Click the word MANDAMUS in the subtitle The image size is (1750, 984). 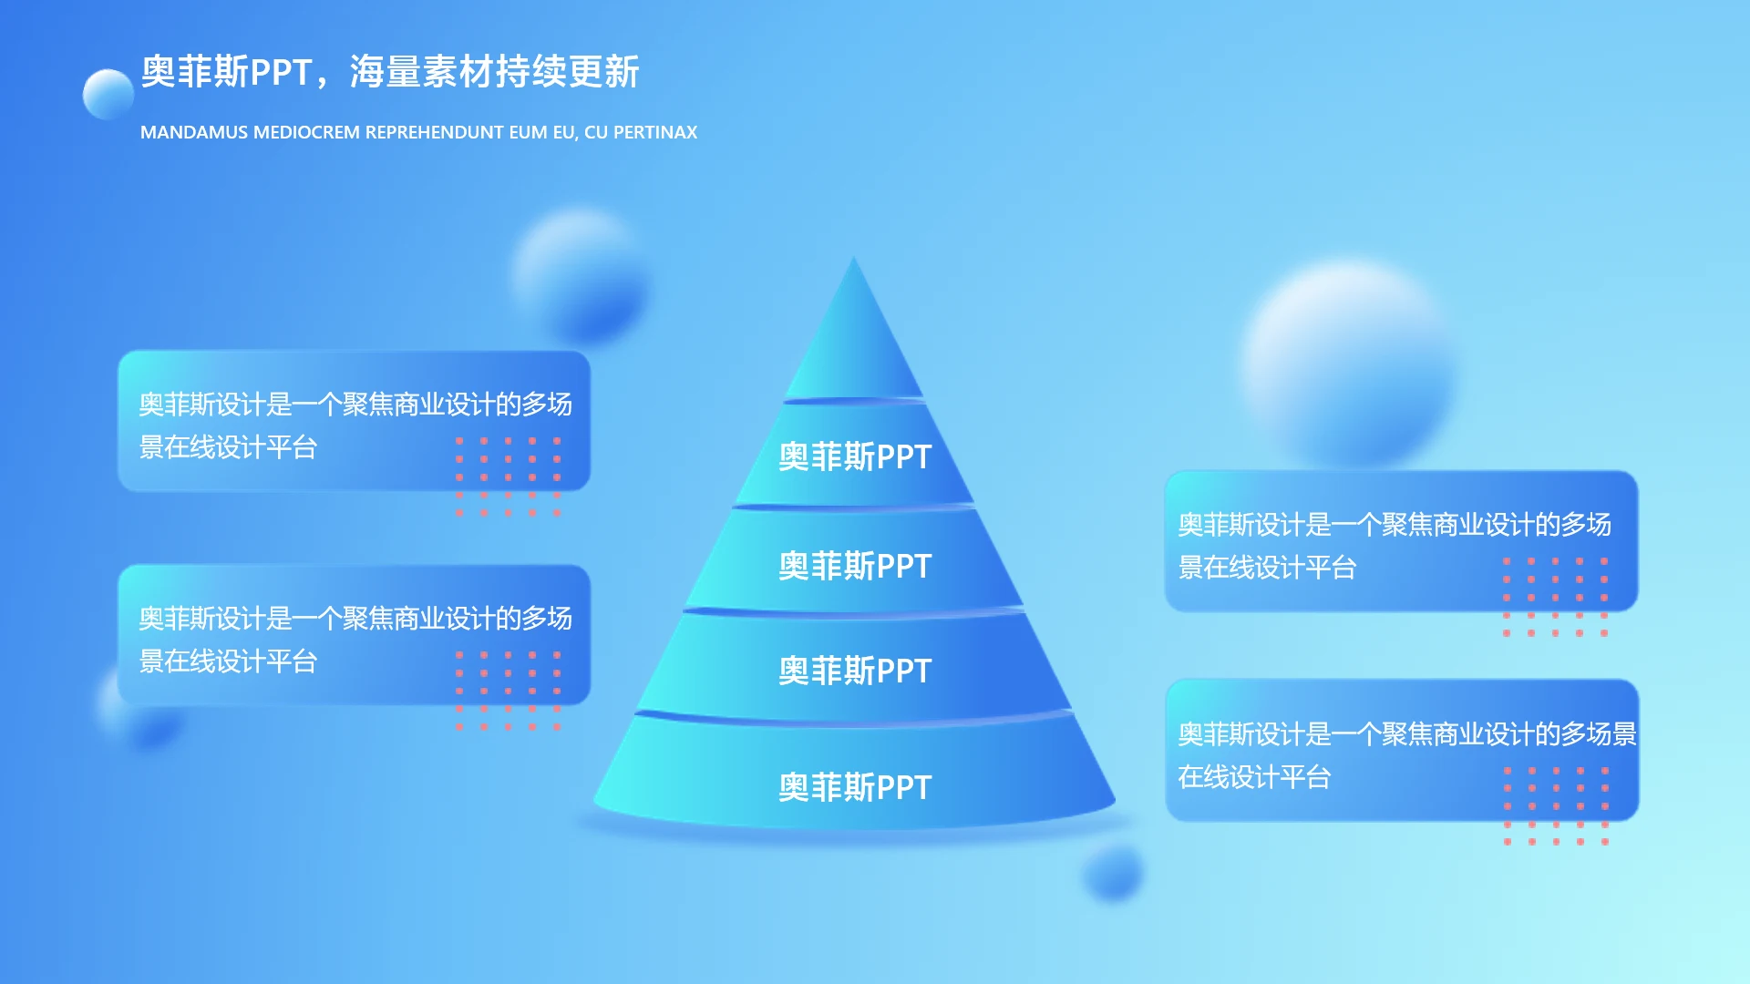tap(194, 133)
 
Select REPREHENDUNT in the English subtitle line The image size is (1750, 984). tap(434, 133)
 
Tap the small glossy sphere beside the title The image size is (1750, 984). tap(108, 94)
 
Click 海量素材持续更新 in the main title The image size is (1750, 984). tap(495, 72)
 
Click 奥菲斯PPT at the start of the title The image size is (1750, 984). tap(227, 72)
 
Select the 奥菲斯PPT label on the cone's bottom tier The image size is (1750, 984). tap(855, 787)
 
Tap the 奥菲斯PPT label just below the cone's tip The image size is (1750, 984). tap(855, 456)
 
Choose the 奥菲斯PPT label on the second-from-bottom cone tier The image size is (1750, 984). tap(855, 671)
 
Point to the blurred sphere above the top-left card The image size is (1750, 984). tap(582, 276)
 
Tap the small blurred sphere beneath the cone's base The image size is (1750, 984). tap(1113, 873)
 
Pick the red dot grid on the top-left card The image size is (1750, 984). tap(509, 477)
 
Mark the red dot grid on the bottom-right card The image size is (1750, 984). tap(1556, 806)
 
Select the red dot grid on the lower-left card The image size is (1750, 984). tap(509, 691)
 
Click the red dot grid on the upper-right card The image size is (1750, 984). tap(1555, 597)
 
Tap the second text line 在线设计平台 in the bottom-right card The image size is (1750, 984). tap(1254, 777)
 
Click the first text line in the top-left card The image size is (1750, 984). tap(355, 404)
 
